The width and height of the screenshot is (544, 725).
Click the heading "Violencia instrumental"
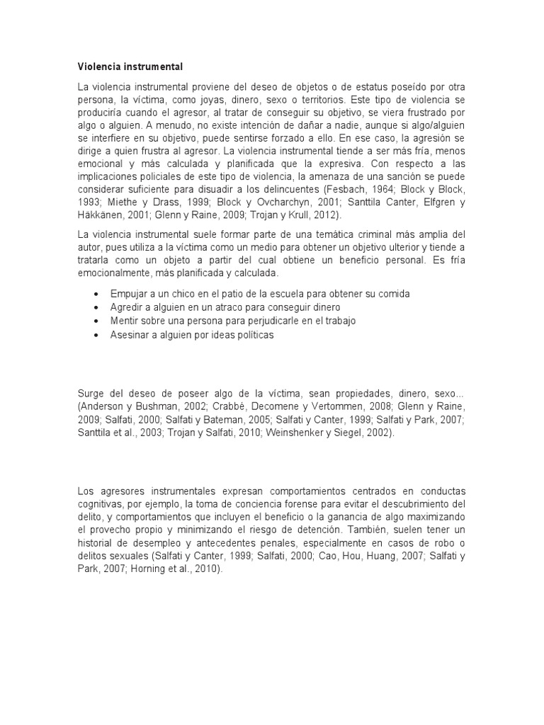point(130,67)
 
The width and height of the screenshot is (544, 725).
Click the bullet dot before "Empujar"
point(96,294)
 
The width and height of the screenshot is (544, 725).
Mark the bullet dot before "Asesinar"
point(96,335)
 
